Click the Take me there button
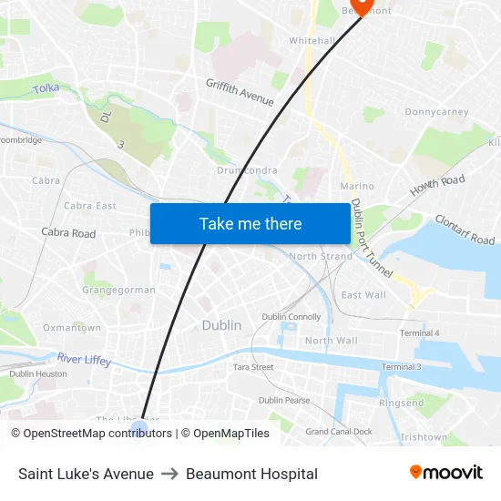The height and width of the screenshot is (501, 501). click(x=250, y=223)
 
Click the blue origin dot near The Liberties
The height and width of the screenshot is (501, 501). click(x=139, y=427)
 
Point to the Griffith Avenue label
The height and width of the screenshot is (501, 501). click(x=240, y=92)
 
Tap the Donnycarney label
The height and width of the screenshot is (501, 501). click(x=436, y=112)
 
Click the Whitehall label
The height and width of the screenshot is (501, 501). click(x=312, y=41)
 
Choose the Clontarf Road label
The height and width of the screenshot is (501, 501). click(x=465, y=230)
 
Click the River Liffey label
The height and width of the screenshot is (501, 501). click(x=84, y=360)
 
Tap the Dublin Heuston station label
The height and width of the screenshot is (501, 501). click(x=38, y=373)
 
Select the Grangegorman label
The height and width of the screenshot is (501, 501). click(x=118, y=291)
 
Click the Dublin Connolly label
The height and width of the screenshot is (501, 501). click(x=291, y=317)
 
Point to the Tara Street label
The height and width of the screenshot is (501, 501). click(x=253, y=367)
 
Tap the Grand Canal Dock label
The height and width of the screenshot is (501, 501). click(x=339, y=431)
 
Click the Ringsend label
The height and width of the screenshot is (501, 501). click(x=402, y=403)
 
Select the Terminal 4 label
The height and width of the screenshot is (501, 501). click(x=419, y=333)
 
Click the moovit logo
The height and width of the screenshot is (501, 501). click(x=446, y=473)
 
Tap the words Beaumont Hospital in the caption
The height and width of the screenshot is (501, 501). click(x=251, y=474)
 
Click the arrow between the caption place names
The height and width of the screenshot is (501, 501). click(x=169, y=474)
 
